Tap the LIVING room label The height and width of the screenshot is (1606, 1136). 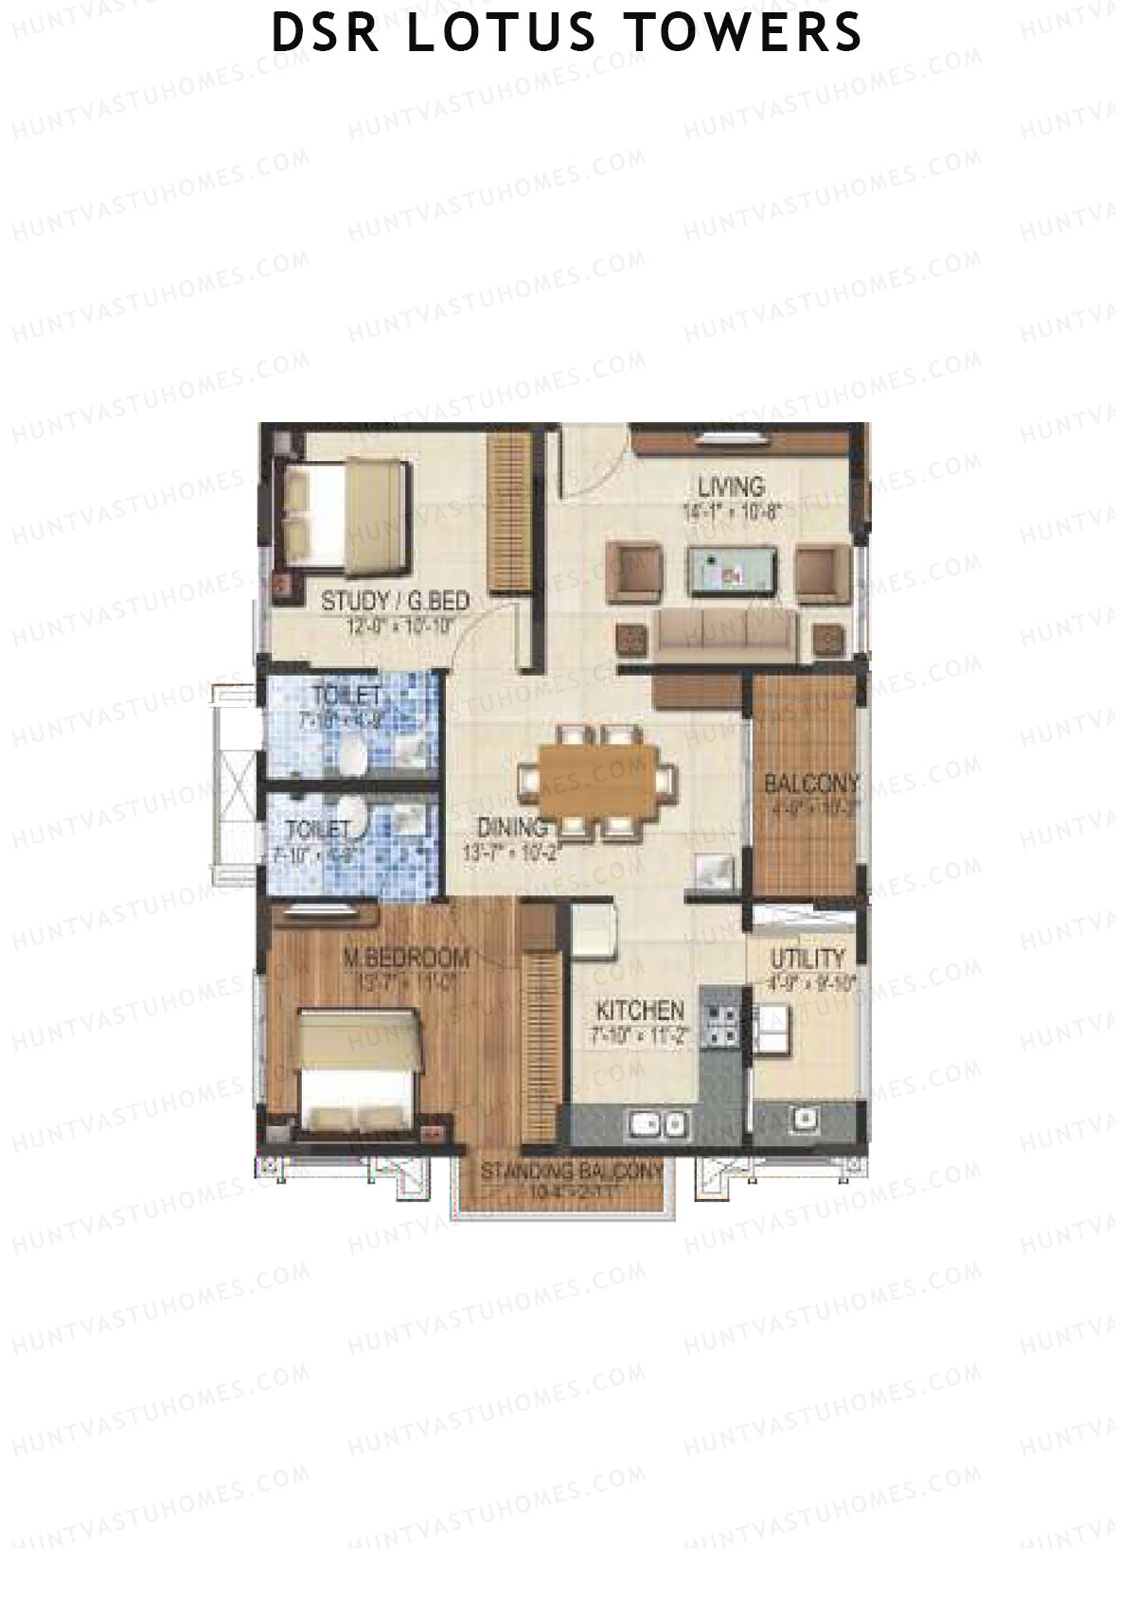point(731,487)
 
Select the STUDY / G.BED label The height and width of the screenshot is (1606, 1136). point(396,601)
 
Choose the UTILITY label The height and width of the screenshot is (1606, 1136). point(807,958)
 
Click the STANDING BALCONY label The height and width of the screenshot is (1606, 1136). point(571,1171)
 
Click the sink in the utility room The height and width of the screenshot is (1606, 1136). point(805,1118)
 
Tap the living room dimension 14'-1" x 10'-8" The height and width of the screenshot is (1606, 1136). point(731,512)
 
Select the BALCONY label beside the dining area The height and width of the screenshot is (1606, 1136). point(811,784)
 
